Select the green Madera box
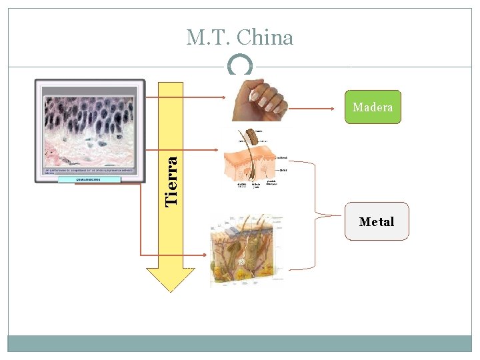click(373, 107)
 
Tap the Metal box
click(377, 221)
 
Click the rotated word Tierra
click(171, 180)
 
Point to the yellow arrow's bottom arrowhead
click(171, 280)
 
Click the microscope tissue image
click(89, 130)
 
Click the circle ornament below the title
click(240, 66)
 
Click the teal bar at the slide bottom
click(240, 343)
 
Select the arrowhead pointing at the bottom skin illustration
click(205, 255)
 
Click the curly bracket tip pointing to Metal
click(319, 215)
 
